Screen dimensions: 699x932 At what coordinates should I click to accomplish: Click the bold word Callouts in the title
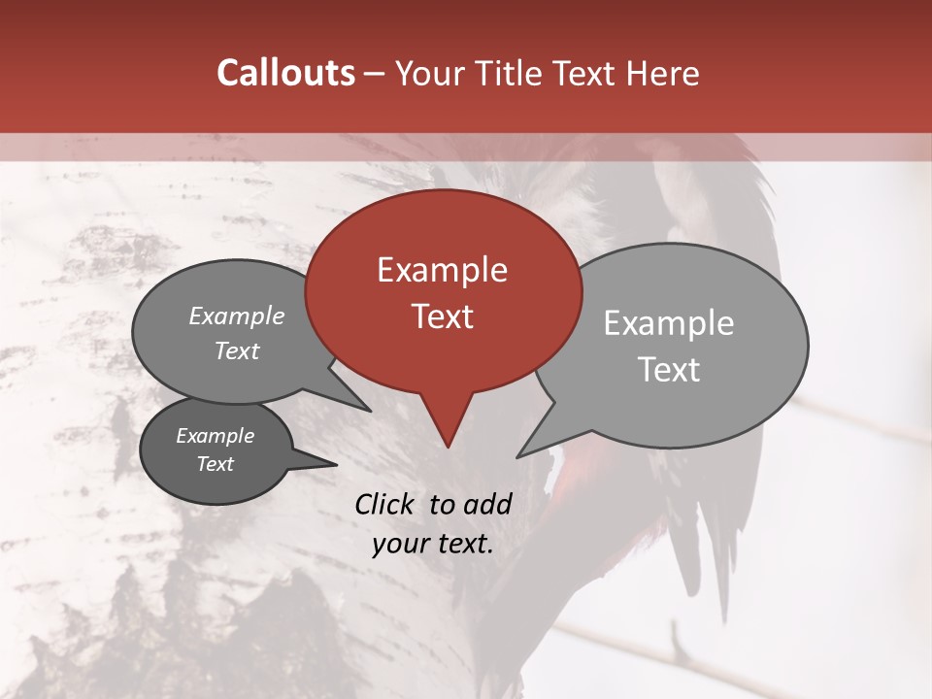[285, 73]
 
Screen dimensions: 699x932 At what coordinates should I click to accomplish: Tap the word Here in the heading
[663, 73]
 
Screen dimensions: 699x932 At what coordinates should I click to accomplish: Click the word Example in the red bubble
[442, 270]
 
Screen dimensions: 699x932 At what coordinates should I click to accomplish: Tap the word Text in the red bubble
[442, 316]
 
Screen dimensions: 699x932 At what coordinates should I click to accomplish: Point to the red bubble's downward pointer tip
[448, 447]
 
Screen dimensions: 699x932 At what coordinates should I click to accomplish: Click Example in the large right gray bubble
[669, 323]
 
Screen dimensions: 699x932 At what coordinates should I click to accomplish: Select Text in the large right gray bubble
[669, 370]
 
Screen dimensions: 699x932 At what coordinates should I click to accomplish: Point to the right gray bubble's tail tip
[517, 456]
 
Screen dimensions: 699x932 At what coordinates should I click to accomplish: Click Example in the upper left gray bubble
[237, 316]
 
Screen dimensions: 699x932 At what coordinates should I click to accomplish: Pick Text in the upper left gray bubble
[237, 350]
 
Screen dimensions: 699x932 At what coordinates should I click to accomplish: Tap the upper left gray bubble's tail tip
[370, 411]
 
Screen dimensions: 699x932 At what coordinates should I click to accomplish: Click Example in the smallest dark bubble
[216, 436]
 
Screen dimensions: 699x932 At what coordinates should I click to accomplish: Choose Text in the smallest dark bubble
[216, 464]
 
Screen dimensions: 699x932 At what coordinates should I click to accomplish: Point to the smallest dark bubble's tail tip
[336, 465]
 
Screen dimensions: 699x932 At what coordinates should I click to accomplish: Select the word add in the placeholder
[487, 504]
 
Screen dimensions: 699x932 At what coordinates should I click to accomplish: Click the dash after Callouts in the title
[376, 75]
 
